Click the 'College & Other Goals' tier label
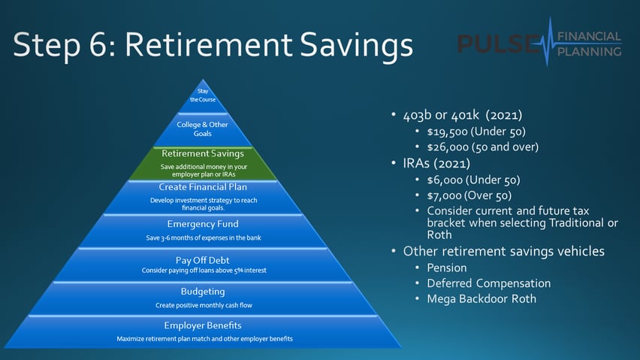(203, 129)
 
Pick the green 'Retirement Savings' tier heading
(203, 153)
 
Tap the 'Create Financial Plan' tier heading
(203, 186)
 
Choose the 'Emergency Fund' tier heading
(203, 223)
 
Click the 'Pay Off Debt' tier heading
(203, 259)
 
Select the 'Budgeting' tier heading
(203, 291)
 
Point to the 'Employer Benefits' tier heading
(203, 325)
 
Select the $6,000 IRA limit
(442, 180)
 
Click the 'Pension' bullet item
(447, 268)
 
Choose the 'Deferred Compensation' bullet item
(488, 283)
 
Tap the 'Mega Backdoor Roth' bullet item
(482, 299)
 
